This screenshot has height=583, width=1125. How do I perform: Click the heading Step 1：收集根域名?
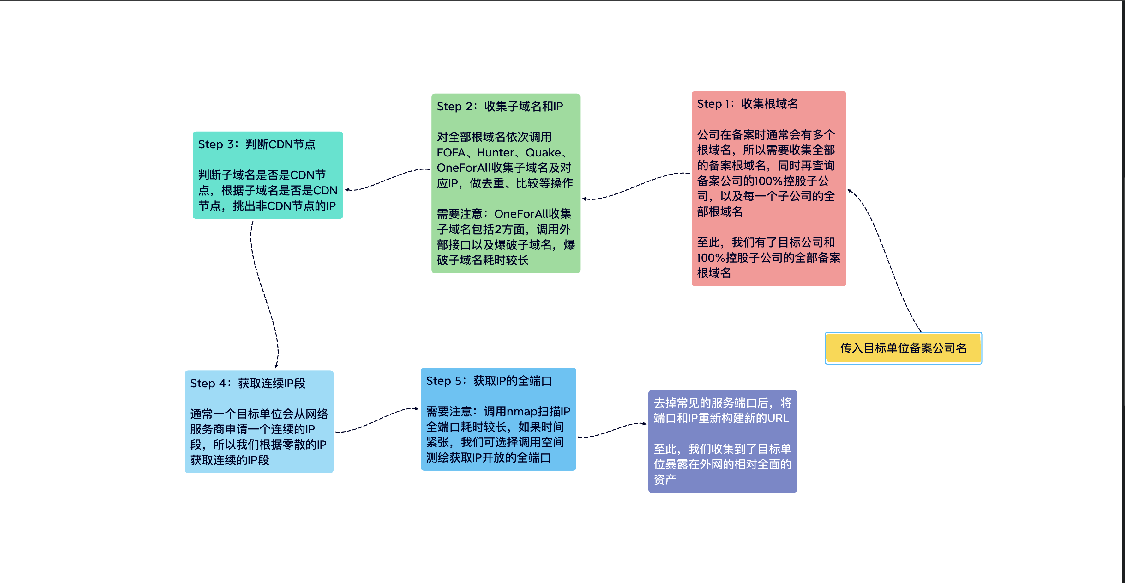(x=747, y=104)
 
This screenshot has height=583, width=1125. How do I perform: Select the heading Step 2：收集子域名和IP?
(x=500, y=106)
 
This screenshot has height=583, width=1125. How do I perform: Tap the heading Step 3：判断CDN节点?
(x=256, y=144)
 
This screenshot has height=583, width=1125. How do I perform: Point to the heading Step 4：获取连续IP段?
(x=247, y=383)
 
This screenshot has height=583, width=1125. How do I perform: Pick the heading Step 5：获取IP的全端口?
(x=489, y=381)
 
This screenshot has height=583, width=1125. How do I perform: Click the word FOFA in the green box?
(x=451, y=152)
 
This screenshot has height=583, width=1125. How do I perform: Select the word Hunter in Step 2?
(x=495, y=152)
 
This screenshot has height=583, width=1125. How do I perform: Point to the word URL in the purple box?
(x=778, y=418)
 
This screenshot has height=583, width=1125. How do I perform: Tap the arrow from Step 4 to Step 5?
(x=376, y=420)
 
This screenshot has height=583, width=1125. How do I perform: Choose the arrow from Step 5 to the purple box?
(x=611, y=430)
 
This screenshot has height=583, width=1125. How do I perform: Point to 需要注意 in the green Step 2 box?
(x=460, y=214)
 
